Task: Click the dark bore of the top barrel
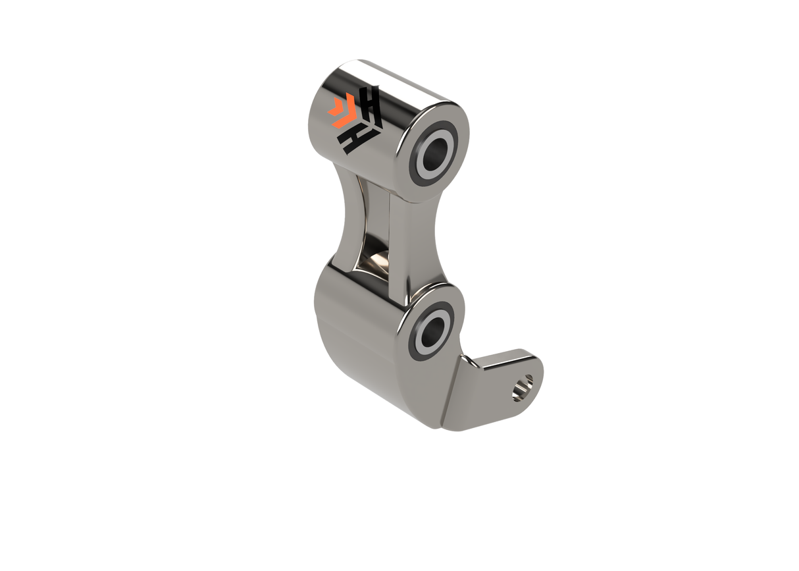coord(434,152)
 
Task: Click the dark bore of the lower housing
coord(430,329)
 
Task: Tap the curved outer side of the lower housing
coord(349,342)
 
